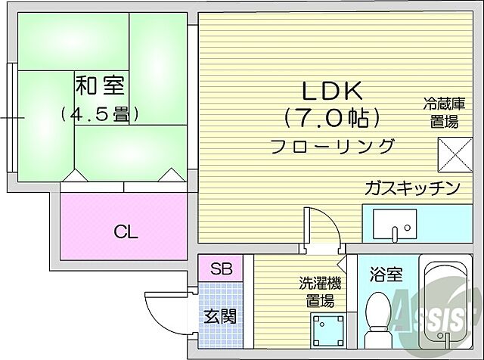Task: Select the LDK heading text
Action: point(334,92)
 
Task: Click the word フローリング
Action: point(334,146)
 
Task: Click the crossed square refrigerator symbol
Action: point(453,157)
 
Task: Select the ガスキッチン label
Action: point(411,188)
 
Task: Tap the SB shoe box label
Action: point(221,268)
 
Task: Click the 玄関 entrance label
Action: point(220,315)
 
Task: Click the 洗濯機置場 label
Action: point(319,292)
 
